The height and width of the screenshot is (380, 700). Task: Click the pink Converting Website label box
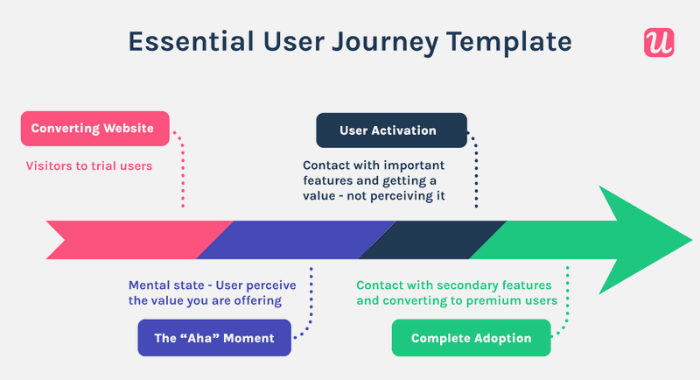coord(93,129)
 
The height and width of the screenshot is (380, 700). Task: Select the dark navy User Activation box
coord(391,130)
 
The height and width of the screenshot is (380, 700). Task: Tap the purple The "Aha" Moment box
coord(214,338)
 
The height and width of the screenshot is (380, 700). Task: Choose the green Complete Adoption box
coord(471,338)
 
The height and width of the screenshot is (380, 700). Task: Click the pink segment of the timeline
coord(131,239)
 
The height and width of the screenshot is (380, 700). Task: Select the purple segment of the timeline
coord(293,239)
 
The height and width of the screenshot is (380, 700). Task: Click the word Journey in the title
coord(377,41)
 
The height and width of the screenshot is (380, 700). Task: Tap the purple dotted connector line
coord(310,302)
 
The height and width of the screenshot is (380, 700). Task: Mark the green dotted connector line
coord(568,302)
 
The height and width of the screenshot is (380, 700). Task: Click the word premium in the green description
coord(500,300)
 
